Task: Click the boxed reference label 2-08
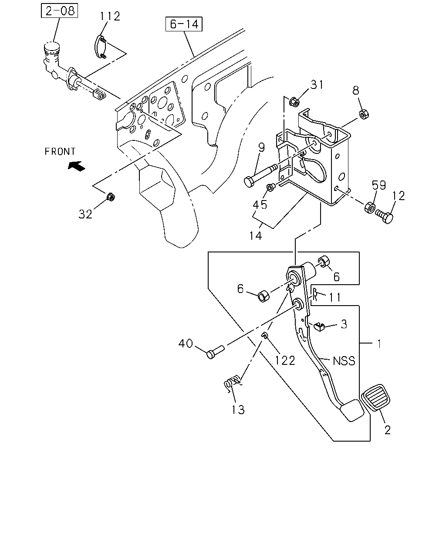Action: (59, 10)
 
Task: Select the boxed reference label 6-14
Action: (184, 24)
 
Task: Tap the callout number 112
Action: (110, 16)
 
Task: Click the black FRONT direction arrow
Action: (77, 166)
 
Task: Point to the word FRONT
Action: (60, 151)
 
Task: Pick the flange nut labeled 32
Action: (111, 197)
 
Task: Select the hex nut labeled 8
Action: (364, 114)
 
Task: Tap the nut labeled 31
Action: (294, 102)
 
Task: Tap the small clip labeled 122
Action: (264, 335)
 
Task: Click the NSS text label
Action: (344, 361)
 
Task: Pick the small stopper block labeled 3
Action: (319, 327)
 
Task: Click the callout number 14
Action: (256, 236)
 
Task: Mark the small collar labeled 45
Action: (271, 187)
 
